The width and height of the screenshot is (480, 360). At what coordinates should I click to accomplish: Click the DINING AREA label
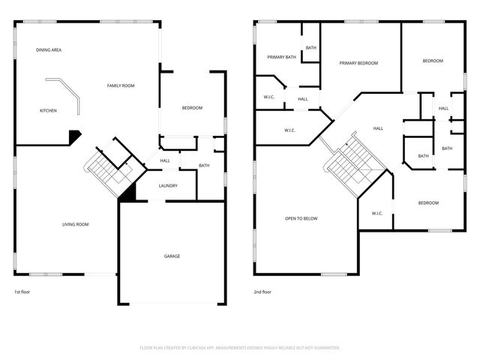click(x=49, y=49)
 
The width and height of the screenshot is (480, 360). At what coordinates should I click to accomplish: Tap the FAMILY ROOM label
click(x=120, y=86)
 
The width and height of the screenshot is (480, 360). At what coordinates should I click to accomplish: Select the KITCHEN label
click(x=48, y=111)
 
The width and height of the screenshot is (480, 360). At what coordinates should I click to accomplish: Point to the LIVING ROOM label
click(x=75, y=224)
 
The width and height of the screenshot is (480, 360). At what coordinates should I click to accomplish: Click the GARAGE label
click(x=172, y=256)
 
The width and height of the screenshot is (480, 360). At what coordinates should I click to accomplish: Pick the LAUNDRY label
click(x=167, y=186)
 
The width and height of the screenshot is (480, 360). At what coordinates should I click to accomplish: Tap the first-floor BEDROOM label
click(x=192, y=108)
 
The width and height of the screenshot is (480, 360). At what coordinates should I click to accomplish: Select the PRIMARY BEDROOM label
click(x=358, y=64)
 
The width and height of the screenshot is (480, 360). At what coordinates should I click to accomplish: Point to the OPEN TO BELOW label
click(x=301, y=219)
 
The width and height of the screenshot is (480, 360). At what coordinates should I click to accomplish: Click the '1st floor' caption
click(x=22, y=292)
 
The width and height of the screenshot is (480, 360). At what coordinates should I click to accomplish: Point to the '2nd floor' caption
click(x=262, y=292)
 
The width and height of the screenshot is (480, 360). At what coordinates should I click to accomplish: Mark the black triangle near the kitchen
click(x=74, y=136)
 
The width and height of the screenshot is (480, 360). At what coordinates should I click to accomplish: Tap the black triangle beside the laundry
click(x=128, y=193)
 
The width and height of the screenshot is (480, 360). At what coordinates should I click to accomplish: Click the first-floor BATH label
click(x=204, y=166)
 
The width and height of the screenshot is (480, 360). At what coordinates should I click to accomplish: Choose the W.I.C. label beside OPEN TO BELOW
click(x=377, y=213)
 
